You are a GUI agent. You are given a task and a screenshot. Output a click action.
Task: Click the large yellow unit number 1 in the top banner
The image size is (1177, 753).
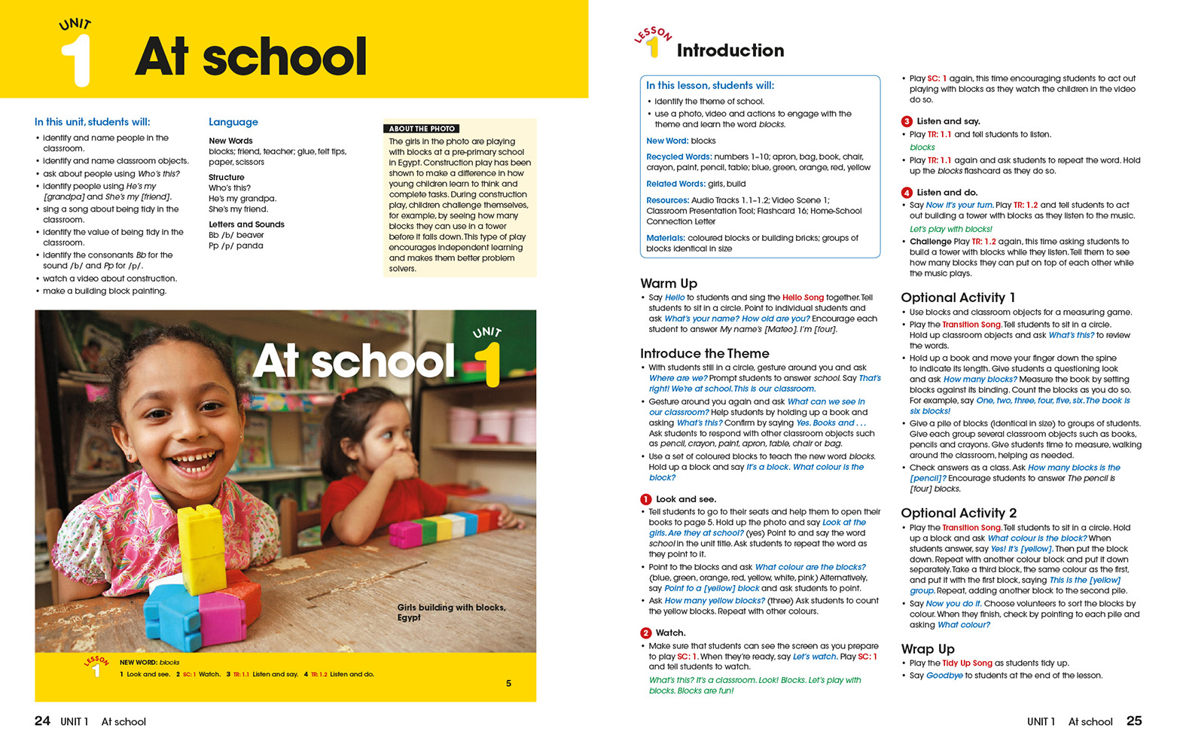coord(76,60)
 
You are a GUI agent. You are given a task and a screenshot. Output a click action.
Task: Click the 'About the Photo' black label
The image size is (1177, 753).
coord(422,129)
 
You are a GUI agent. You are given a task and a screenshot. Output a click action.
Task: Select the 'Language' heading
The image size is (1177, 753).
coord(233,122)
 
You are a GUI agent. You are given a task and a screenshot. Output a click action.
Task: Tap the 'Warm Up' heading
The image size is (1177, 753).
coord(669,283)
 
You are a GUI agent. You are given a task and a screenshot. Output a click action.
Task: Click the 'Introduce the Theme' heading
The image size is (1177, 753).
coord(705,353)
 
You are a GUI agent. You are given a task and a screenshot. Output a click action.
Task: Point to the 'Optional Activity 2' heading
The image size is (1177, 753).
coord(959,513)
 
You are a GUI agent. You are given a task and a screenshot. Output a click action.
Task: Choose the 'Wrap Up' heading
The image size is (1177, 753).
coord(928,648)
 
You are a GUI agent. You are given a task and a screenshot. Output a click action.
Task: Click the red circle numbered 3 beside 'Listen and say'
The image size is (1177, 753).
coord(907,121)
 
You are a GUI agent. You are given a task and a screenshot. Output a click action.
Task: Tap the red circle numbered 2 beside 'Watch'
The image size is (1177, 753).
coord(646,633)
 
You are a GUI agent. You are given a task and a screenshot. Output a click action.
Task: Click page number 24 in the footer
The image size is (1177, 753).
coord(43,721)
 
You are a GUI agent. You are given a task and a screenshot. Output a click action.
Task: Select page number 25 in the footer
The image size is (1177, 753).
coord(1134,721)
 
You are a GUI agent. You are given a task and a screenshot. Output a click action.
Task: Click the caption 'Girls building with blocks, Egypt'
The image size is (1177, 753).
coord(451,612)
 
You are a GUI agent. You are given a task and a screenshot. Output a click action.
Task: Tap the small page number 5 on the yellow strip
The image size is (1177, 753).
coord(508,683)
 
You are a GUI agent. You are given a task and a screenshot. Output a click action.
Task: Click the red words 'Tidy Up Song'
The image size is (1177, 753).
coord(967,663)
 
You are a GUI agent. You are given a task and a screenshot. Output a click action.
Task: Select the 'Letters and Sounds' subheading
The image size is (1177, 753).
coord(246,224)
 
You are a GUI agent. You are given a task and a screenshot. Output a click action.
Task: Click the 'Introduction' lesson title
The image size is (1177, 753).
coord(730,50)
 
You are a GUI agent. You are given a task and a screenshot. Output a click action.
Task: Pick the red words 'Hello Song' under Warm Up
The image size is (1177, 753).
coord(803,297)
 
